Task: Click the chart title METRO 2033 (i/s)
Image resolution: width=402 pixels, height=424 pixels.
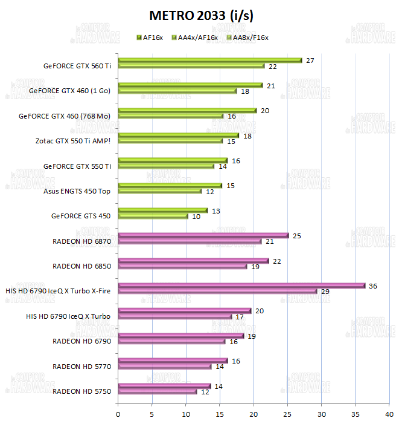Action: click(201, 15)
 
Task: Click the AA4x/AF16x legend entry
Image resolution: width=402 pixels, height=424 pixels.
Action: click(197, 38)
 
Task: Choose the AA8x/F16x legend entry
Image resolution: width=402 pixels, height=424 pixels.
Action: click(246, 38)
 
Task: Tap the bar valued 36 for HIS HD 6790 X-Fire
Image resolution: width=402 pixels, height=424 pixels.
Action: click(241, 285)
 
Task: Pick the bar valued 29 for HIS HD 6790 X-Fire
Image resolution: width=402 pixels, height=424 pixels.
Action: click(217, 292)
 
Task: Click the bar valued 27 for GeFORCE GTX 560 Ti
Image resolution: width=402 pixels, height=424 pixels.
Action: click(209, 60)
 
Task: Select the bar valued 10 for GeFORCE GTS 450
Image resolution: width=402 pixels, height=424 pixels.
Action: click(153, 216)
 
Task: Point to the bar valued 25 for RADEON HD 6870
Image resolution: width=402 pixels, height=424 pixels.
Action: click(203, 235)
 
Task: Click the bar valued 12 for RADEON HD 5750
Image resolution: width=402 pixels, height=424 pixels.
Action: click(158, 391)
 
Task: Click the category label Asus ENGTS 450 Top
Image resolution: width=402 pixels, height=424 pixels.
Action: click(77, 191)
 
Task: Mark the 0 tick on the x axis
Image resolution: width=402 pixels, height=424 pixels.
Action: click(118, 414)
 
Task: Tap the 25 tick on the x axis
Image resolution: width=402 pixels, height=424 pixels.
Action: click(287, 414)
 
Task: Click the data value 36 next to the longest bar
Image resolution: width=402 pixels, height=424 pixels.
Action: click(373, 285)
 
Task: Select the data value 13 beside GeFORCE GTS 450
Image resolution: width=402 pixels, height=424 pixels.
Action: click(215, 210)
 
